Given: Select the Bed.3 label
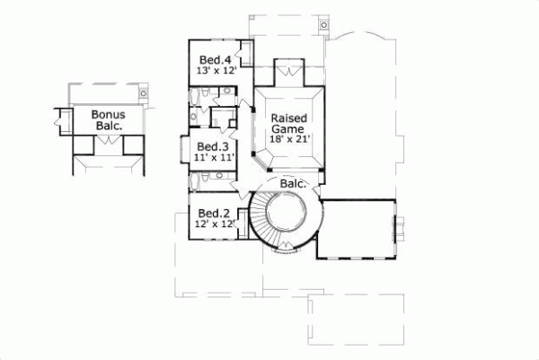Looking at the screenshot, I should coord(211,146).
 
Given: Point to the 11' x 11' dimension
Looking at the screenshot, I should coord(213,157).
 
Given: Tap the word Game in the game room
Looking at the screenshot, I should coord(288,128).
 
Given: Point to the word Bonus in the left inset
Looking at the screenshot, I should coord(107,115).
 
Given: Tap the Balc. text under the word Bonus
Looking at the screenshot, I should coord(107,127).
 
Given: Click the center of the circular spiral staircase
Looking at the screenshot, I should coord(287,218).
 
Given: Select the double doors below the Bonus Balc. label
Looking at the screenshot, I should coord(107,152).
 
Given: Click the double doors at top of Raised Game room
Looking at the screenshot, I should coord(289,69).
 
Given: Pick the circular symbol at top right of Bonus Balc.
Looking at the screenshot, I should coord(143,92).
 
